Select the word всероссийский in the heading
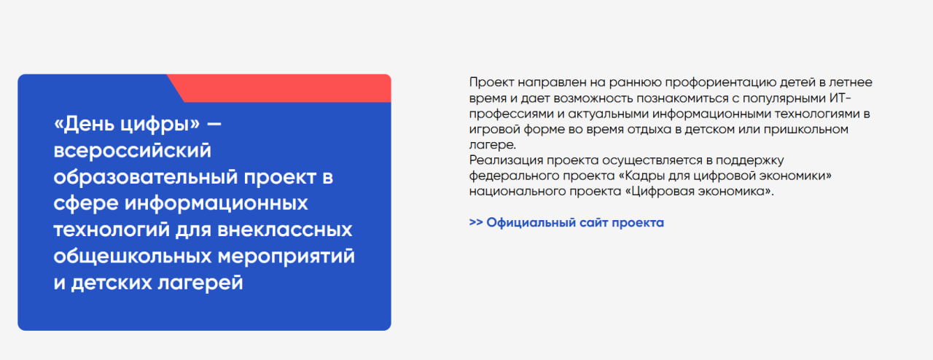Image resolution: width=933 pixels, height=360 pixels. pyautogui.click(x=133, y=150)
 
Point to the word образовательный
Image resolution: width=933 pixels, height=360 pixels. pyautogui.click(x=146, y=177)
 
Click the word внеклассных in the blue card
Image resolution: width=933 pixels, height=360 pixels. pyautogui.click(x=285, y=230)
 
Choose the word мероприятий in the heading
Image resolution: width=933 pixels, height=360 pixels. pyautogui.click(x=286, y=257)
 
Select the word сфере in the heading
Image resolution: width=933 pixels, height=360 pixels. pyautogui.click(x=86, y=204)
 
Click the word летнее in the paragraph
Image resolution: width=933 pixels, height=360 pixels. pyautogui.click(x=851, y=82)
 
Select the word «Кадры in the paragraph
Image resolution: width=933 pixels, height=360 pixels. pyautogui.click(x=642, y=176)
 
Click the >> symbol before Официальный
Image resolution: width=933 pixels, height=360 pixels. pyautogui.click(x=476, y=222)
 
